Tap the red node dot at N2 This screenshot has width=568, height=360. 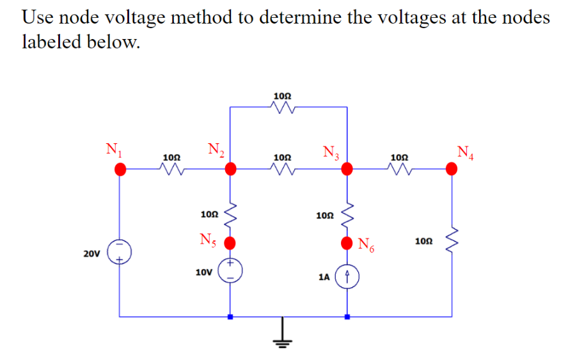click(x=231, y=169)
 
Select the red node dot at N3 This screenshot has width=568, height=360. click(x=347, y=169)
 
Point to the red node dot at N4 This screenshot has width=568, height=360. click(x=452, y=169)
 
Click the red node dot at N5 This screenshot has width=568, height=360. click(x=231, y=243)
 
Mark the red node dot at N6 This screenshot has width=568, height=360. click(x=347, y=243)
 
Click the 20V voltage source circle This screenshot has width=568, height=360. click(x=120, y=251)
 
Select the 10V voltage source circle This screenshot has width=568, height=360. click(x=231, y=269)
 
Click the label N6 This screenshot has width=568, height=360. click(x=366, y=244)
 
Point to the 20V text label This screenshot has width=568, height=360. click(x=91, y=254)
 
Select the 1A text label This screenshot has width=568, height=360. click(x=324, y=278)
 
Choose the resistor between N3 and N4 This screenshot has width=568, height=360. click(x=398, y=169)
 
